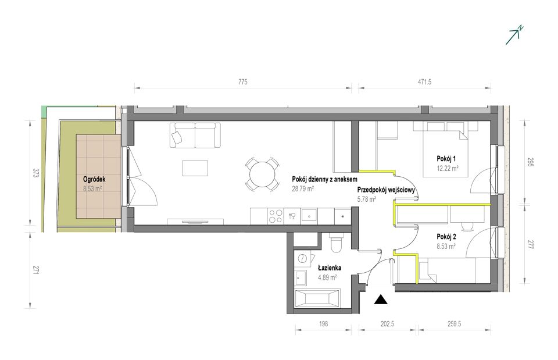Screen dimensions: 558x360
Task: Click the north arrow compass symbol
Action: click(514, 35)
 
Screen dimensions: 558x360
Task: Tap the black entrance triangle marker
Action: click(381, 300)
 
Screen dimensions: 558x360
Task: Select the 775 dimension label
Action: click(242, 82)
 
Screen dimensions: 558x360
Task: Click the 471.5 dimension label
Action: click(424, 82)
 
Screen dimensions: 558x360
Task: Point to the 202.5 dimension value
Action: click(388, 324)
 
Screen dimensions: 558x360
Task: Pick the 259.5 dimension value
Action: click(454, 324)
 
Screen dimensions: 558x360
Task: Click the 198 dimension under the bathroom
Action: click(324, 324)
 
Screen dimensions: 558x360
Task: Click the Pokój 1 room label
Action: click(446, 159)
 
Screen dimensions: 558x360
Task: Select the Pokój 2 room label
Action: click(446, 237)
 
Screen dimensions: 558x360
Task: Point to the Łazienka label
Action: click(330, 268)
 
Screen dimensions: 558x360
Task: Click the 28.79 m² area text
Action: click(302, 189)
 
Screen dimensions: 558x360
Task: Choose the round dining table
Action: click(262, 174)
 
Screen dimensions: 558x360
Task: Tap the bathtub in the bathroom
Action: click(317, 298)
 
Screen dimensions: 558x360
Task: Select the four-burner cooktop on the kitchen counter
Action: click(276, 216)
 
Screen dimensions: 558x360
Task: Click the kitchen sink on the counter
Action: click(310, 216)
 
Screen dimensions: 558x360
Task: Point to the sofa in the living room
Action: click(195, 135)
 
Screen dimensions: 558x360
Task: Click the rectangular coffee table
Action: click(195, 168)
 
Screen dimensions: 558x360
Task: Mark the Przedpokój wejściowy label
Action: click(386, 190)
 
